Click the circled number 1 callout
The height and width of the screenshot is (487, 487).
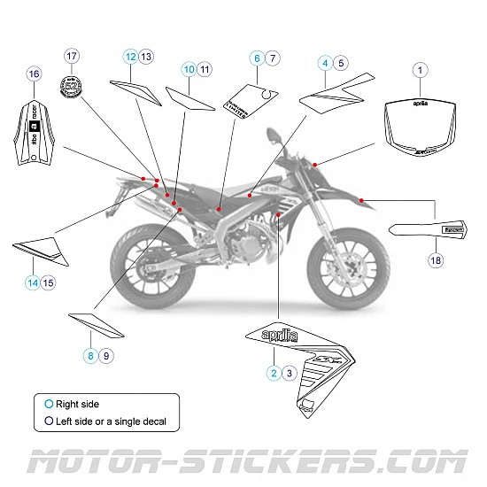tap(421, 69)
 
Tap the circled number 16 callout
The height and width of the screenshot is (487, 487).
tap(34, 73)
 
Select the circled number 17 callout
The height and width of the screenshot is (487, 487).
tap(72, 56)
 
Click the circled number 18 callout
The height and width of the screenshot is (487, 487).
tap(435, 259)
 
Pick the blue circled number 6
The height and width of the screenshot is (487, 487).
tap(257, 58)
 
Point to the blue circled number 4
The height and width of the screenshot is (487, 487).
tap(325, 63)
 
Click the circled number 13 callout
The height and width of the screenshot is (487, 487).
tap(146, 57)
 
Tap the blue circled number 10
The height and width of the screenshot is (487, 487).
tap(189, 68)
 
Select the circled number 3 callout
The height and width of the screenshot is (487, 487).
tap(290, 373)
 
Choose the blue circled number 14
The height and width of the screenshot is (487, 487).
tap(32, 282)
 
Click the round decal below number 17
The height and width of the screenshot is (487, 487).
tap(71, 87)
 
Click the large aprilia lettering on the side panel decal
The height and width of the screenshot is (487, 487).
tap(286, 336)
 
